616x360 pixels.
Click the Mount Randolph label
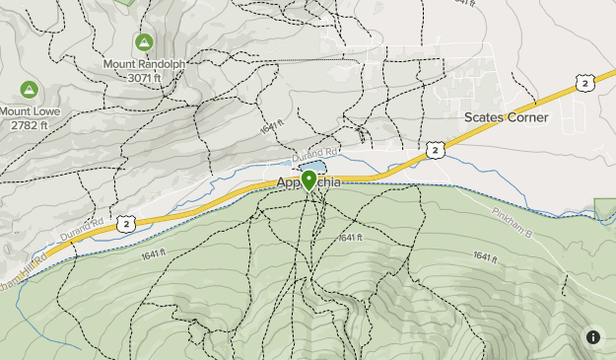pos(144,64)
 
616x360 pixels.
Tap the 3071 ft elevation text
pos(144,77)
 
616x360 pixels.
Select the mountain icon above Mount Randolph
pos(144,42)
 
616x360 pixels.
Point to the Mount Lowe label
pos(29,111)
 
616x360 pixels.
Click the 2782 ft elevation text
pos(29,125)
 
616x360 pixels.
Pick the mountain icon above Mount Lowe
pos(29,90)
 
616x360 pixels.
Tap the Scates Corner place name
pos(506,116)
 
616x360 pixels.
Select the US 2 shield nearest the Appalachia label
pos(435,150)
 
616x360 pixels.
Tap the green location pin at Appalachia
pos(309,180)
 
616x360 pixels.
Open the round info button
pos(592,337)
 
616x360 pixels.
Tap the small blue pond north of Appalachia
pos(306,168)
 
